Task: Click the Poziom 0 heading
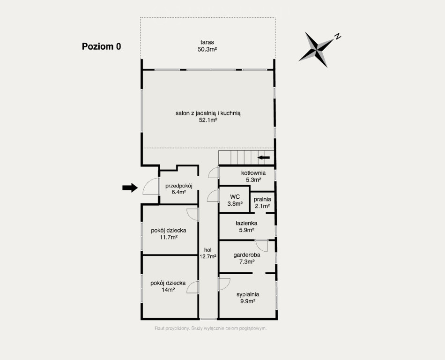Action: (101, 46)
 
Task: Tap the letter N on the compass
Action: (337, 36)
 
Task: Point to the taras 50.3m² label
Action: (207, 46)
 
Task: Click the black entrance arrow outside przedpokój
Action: (130, 187)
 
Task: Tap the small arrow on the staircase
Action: (264, 157)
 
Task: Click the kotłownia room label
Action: (253, 176)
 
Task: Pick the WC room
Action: (235, 200)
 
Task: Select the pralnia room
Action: (262, 202)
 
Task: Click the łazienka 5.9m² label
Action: (246, 226)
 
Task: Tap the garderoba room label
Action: (246, 258)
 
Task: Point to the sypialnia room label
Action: (248, 298)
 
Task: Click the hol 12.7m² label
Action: (208, 253)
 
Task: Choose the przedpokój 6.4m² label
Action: (179, 189)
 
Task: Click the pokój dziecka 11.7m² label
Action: (169, 233)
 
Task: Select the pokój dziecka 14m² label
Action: (168, 286)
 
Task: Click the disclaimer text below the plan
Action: (211, 328)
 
